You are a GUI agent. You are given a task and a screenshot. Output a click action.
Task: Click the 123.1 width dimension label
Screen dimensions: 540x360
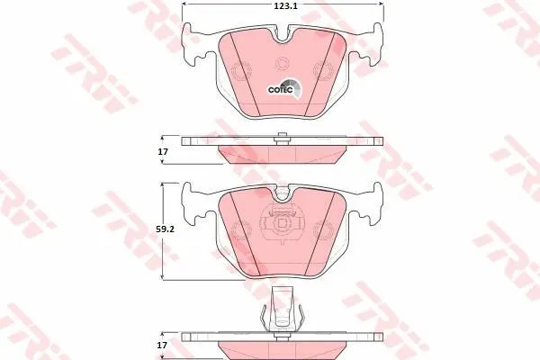click(282, 6)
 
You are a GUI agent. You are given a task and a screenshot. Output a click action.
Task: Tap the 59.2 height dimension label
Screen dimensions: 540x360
click(166, 229)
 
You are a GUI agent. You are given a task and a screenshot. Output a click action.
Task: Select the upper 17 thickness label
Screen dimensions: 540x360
click(163, 151)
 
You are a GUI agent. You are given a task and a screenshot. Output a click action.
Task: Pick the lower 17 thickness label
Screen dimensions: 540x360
click(163, 345)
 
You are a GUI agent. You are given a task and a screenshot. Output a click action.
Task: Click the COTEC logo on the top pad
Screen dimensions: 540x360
click(284, 89)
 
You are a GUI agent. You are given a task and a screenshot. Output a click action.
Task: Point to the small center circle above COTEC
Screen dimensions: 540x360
click(282, 63)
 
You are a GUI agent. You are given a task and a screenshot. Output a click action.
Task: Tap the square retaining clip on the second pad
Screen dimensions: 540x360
click(282, 224)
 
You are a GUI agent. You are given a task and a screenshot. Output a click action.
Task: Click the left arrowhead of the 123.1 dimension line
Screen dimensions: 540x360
click(184, 4)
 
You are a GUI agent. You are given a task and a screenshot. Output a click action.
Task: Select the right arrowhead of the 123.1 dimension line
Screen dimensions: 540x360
click(382, 4)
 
